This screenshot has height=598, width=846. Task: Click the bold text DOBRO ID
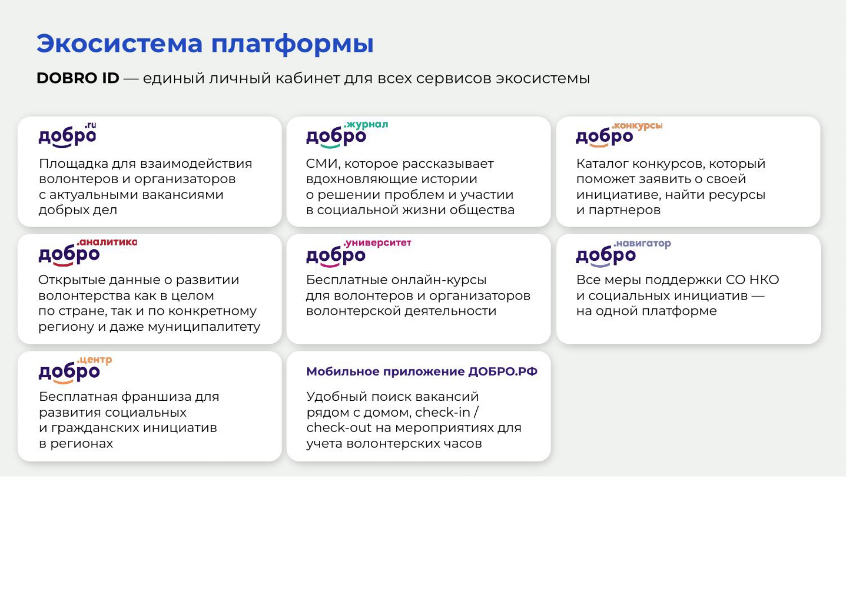[x=78, y=78]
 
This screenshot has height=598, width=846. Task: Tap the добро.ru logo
[x=67, y=135]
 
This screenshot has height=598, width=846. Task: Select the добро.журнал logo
[x=347, y=134]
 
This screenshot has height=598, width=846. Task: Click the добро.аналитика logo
[x=88, y=252]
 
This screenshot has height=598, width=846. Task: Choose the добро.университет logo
[x=359, y=252]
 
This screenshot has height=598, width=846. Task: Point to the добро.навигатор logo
[x=623, y=252]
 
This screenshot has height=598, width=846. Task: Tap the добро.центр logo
[x=75, y=369]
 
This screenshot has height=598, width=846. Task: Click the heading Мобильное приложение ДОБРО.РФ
[x=422, y=371]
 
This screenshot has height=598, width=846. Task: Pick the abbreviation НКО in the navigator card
[x=764, y=280]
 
